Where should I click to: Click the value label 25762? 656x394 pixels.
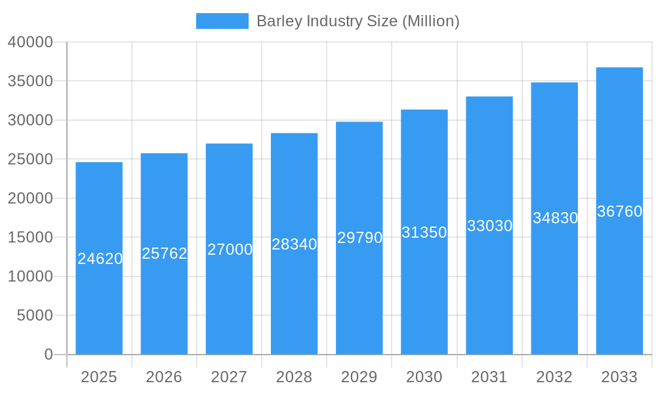pyautogui.click(x=165, y=253)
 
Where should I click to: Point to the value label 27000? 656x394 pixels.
pyautogui.click(x=230, y=250)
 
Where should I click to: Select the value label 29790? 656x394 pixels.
pyautogui.click(x=359, y=238)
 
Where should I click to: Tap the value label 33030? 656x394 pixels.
pyautogui.click(x=489, y=226)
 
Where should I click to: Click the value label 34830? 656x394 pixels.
pyautogui.click(x=555, y=218)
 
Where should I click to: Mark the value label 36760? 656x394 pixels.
pyautogui.click(x=619, y=211)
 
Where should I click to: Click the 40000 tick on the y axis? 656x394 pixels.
pyautogui.click(x=30, y=42)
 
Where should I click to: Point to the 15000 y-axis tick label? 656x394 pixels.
pyautogui.click(x=30, y=238)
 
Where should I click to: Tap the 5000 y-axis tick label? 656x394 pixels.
pyautogui.click(x=34, y=316)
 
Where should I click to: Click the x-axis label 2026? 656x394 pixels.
pyautogui.click(x=164, y=377)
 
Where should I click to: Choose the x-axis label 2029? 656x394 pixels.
pyautogui.click(x=359, y=377)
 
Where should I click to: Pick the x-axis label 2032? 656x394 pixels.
pyautogui.click(x=554, y=377)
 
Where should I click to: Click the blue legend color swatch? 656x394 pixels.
pyautogui.click(x=222, y=21)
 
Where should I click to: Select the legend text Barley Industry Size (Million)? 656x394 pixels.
pyautogui.click(x=358, y=21)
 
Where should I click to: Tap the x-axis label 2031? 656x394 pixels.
pyautogui.click(x=489, y=377)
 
